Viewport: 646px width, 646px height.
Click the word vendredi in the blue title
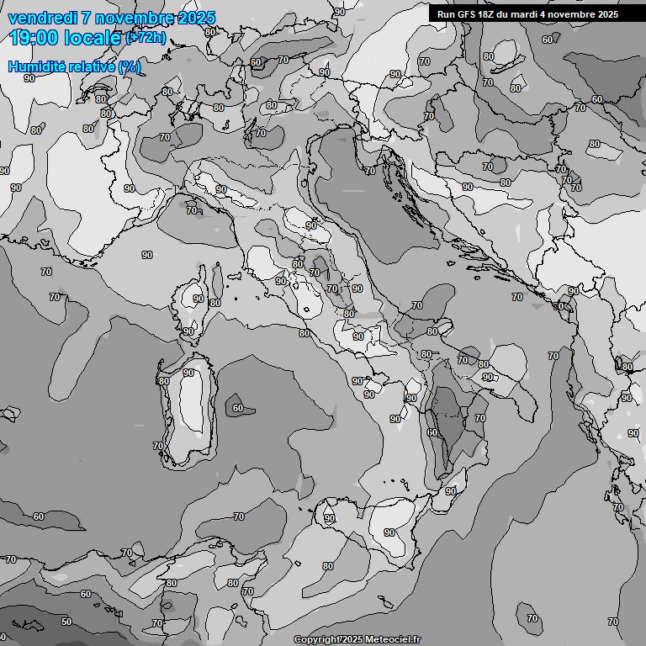[x=42, y=19]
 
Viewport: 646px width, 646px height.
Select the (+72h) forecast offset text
[x=146, y=38]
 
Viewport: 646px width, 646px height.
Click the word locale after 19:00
[x=93, y=37]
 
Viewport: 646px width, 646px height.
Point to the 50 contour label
[x=66, y=622]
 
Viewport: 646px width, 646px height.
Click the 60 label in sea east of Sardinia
[x=238, y=408]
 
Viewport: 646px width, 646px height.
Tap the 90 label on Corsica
[x=199, y=299]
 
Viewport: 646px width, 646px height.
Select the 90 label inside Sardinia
[x=188, y=373]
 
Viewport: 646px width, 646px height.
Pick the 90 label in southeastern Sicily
[x=389, y=532]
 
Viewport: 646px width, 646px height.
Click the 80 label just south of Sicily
[x=328, y=566]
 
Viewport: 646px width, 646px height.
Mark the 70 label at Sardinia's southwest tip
[x=157, y=446]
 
